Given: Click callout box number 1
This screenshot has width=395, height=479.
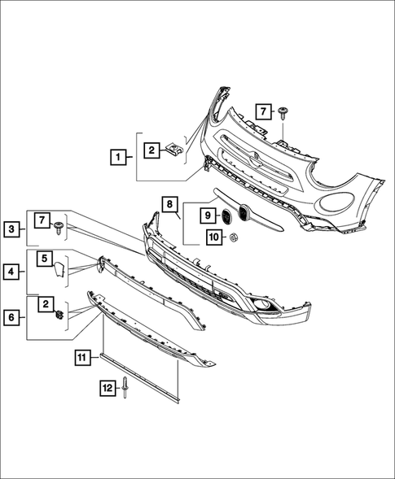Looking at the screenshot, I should click(119, 155).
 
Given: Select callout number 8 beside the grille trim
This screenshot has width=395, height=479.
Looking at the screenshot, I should click(169, 204).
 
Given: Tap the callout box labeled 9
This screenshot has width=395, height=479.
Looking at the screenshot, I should click(208, 216).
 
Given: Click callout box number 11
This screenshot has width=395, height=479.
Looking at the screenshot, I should click(83, 356).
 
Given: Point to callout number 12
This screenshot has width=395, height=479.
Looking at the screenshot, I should click(107, 389).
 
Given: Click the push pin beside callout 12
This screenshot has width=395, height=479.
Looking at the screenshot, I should click(128, 390).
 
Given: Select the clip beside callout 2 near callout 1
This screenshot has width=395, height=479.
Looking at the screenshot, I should click(173, 149).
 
